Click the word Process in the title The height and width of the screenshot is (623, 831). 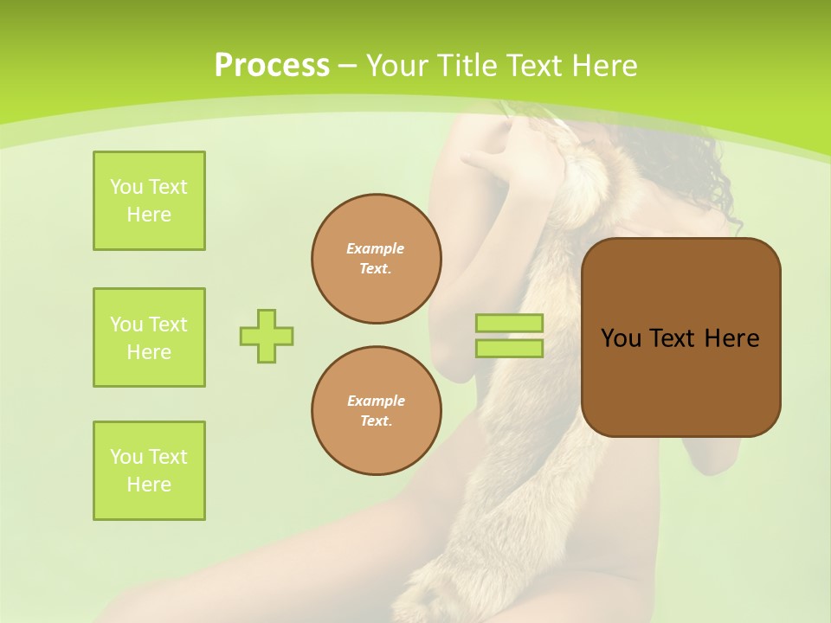272,66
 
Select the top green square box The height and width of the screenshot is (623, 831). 149,201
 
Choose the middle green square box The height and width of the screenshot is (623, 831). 149,337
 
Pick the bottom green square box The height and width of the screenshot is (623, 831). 149,471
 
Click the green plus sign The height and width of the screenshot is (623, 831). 267,336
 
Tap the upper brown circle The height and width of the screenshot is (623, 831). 377,259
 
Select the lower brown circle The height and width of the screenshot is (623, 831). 377,411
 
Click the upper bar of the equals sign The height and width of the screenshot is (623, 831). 510,324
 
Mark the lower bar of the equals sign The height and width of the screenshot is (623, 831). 510,349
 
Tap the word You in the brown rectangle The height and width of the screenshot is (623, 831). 621,338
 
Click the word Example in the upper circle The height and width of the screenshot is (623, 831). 376,248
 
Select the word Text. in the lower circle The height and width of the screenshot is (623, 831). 376,421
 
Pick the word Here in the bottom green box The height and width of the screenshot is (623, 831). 149,485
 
